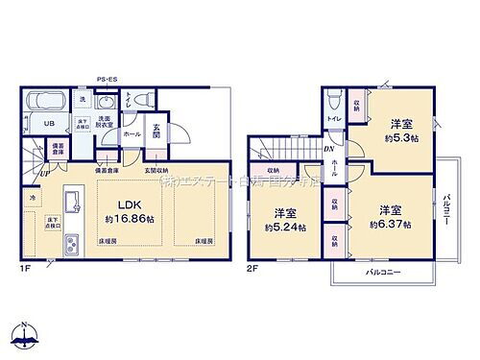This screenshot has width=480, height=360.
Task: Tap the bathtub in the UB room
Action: pyautogui.click(x=44, y=103)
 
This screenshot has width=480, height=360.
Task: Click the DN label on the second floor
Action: pyautogui.click(x=328, y=150)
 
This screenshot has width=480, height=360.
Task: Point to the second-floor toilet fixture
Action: pyautogui.click(x=331, y=100)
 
